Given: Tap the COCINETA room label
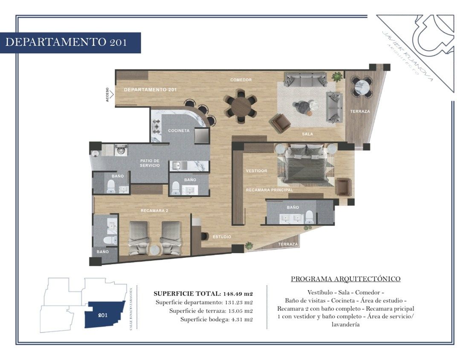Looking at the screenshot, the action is pyautogui.click(x=179, y=131).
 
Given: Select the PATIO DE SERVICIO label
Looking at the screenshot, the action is pyautogui.click(x=150, y=163).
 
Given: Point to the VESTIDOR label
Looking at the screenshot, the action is pyautogui.click(x=257, y=171).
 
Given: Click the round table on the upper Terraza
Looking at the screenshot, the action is pyautogui.click(x=361, y=87).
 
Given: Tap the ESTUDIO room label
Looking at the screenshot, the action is pyautogui.click(x=222, y=237).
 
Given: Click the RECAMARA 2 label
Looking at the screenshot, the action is pyautogui.click(x=154, y=210).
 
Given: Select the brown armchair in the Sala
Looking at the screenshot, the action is pyautogui.click(x=280, y=123).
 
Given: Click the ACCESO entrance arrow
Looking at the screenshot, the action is pyautogui.click(x=112, y=95).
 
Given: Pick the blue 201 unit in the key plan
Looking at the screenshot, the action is pyautogui.click(x=104, y=314).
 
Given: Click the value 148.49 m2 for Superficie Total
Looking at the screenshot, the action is pyautogui.click(x=237, y=294).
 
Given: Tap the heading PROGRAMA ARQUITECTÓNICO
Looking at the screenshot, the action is pyautogui.click(x=346, y=279).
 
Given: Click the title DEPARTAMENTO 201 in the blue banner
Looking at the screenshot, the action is pyautogui.click(x=66, y=42).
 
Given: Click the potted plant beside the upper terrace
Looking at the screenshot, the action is pyautogui.click(x=337, y=77).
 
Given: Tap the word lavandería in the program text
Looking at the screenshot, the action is pyautogui.click(x=346, y=324).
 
